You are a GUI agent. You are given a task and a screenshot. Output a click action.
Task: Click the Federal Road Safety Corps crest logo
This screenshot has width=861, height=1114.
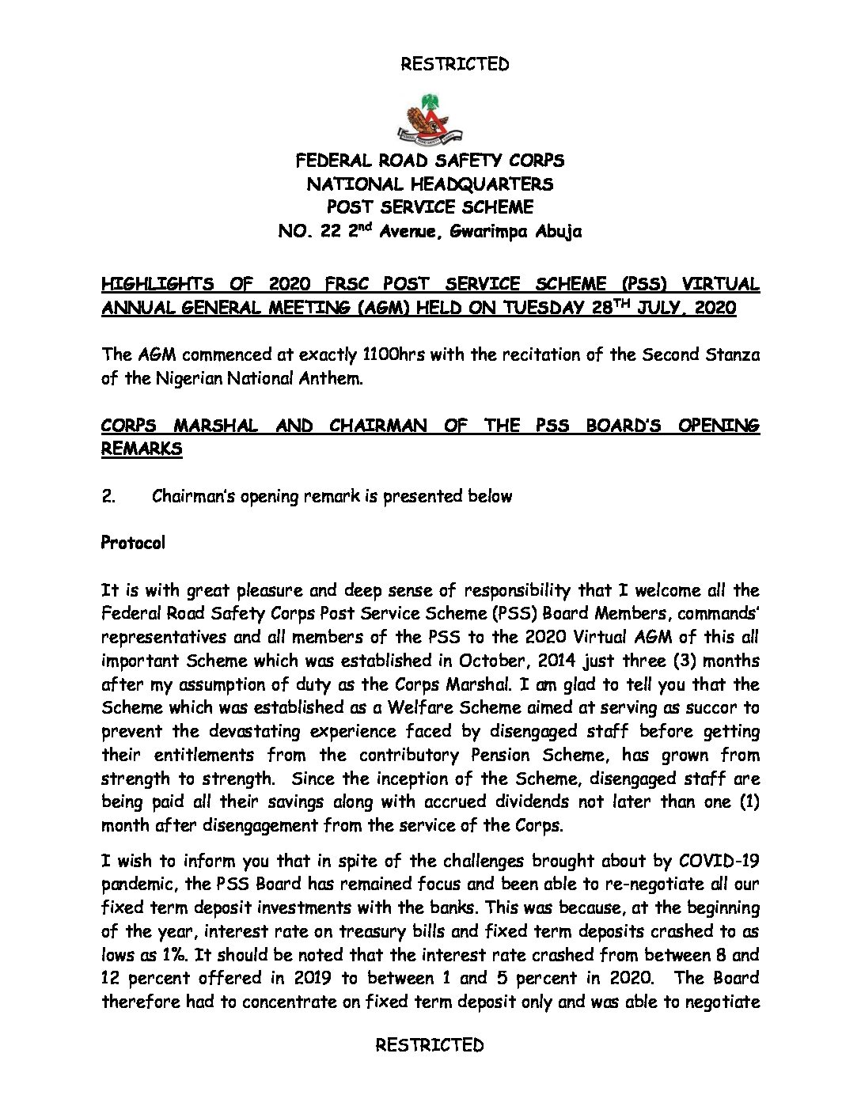tap(430, 119)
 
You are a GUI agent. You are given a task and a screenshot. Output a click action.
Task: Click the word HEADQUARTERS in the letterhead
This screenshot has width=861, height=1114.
tap(481, 184)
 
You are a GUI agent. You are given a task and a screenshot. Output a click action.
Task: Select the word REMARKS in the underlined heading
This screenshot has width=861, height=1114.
tap(142, 449)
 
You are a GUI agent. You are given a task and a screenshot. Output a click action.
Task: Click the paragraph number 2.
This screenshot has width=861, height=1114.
tap(108, 496)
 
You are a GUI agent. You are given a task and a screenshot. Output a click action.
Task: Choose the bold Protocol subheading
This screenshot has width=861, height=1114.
tap(133, 544)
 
